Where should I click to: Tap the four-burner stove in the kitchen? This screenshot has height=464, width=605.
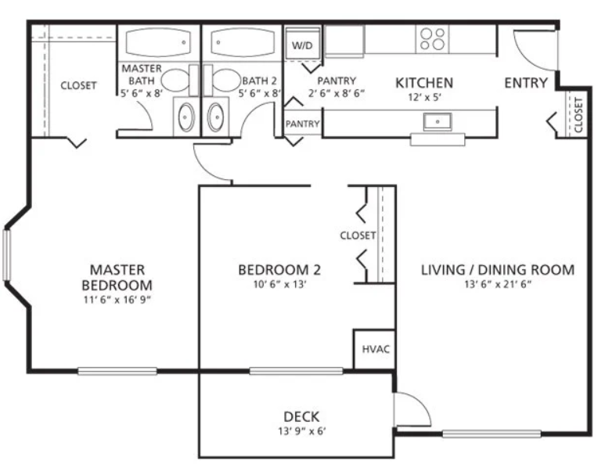point(433,38)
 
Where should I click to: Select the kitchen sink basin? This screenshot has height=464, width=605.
point(438,122)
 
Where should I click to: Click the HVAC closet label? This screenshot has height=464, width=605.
point(376,350)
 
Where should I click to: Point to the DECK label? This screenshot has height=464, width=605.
point(301,416)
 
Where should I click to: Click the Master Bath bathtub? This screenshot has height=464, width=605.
point(158,42)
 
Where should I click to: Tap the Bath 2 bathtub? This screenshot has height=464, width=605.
point(243,42)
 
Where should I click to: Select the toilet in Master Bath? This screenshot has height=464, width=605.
point(179,81)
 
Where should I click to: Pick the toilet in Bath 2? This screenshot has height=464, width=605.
point(221,81)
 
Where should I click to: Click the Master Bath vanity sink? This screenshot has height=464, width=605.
point(186,117)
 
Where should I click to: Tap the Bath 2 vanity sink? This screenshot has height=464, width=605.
point(215,117)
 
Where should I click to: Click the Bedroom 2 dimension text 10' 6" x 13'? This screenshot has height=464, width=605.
point(279,285)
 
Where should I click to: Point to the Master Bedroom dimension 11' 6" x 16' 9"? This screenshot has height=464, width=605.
point(117,300)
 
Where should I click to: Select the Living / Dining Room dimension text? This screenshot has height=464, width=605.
point(498,285)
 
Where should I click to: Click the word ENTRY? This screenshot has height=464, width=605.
point(526,82)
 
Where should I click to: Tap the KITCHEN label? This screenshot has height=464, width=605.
point(424,82)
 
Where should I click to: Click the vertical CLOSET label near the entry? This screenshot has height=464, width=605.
point(578,115)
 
